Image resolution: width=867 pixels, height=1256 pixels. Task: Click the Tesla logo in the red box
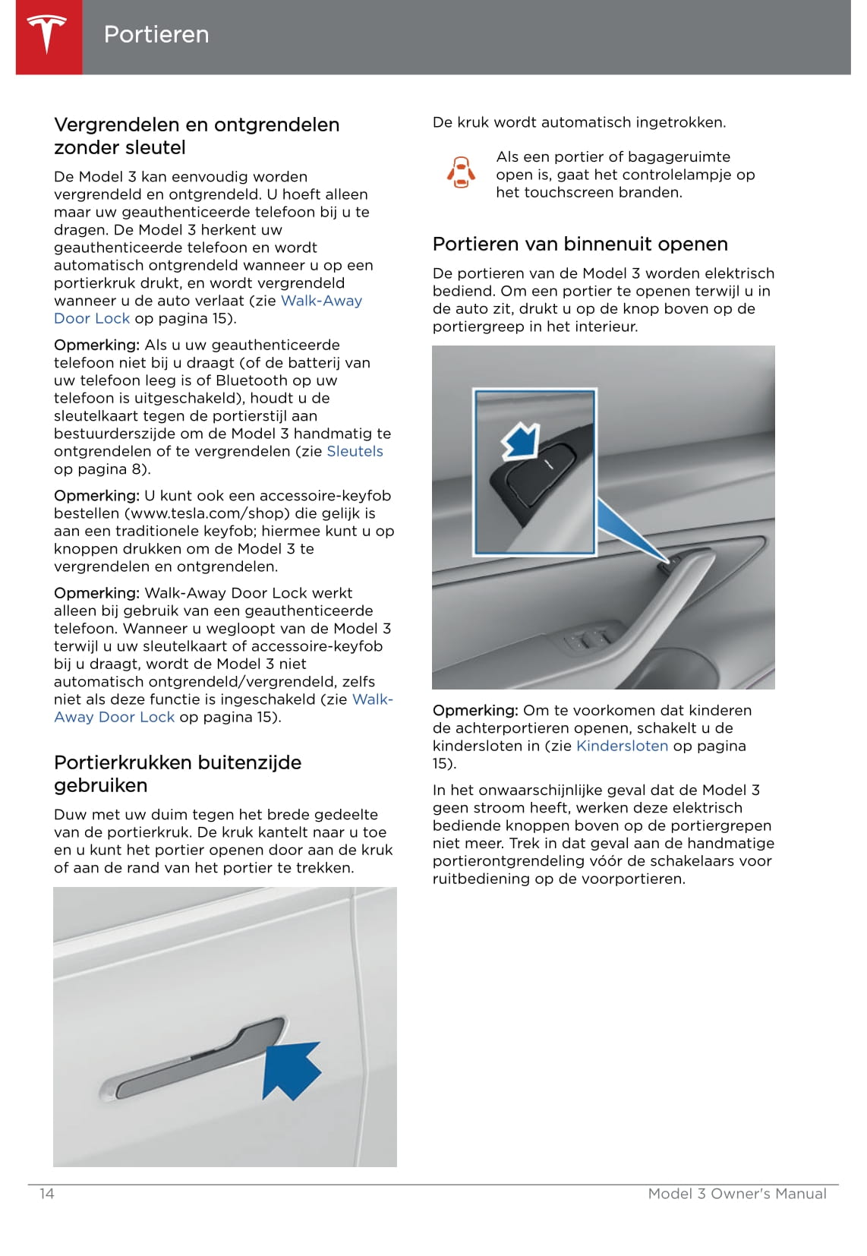pos(48,35)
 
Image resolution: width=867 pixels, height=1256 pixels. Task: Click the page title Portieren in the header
pos(156,34)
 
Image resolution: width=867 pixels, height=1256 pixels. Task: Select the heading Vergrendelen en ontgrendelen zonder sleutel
pos(197,136)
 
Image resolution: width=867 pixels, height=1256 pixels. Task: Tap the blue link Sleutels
pos(355,451)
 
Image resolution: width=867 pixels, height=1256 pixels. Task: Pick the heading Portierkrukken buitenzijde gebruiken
pos(178,774)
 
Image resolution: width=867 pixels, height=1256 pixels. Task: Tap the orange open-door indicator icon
pos(461,173)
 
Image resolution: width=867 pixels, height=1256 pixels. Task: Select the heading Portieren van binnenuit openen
pos(580,244)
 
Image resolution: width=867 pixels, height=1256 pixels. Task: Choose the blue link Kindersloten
pos(622,746)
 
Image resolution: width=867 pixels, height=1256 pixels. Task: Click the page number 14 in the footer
pos(47,1194)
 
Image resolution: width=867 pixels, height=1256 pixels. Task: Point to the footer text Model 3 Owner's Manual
pos(736,1194)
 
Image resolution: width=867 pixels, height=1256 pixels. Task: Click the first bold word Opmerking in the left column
pos(96,345)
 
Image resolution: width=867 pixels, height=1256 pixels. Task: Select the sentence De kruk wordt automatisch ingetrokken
pos(579,122)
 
